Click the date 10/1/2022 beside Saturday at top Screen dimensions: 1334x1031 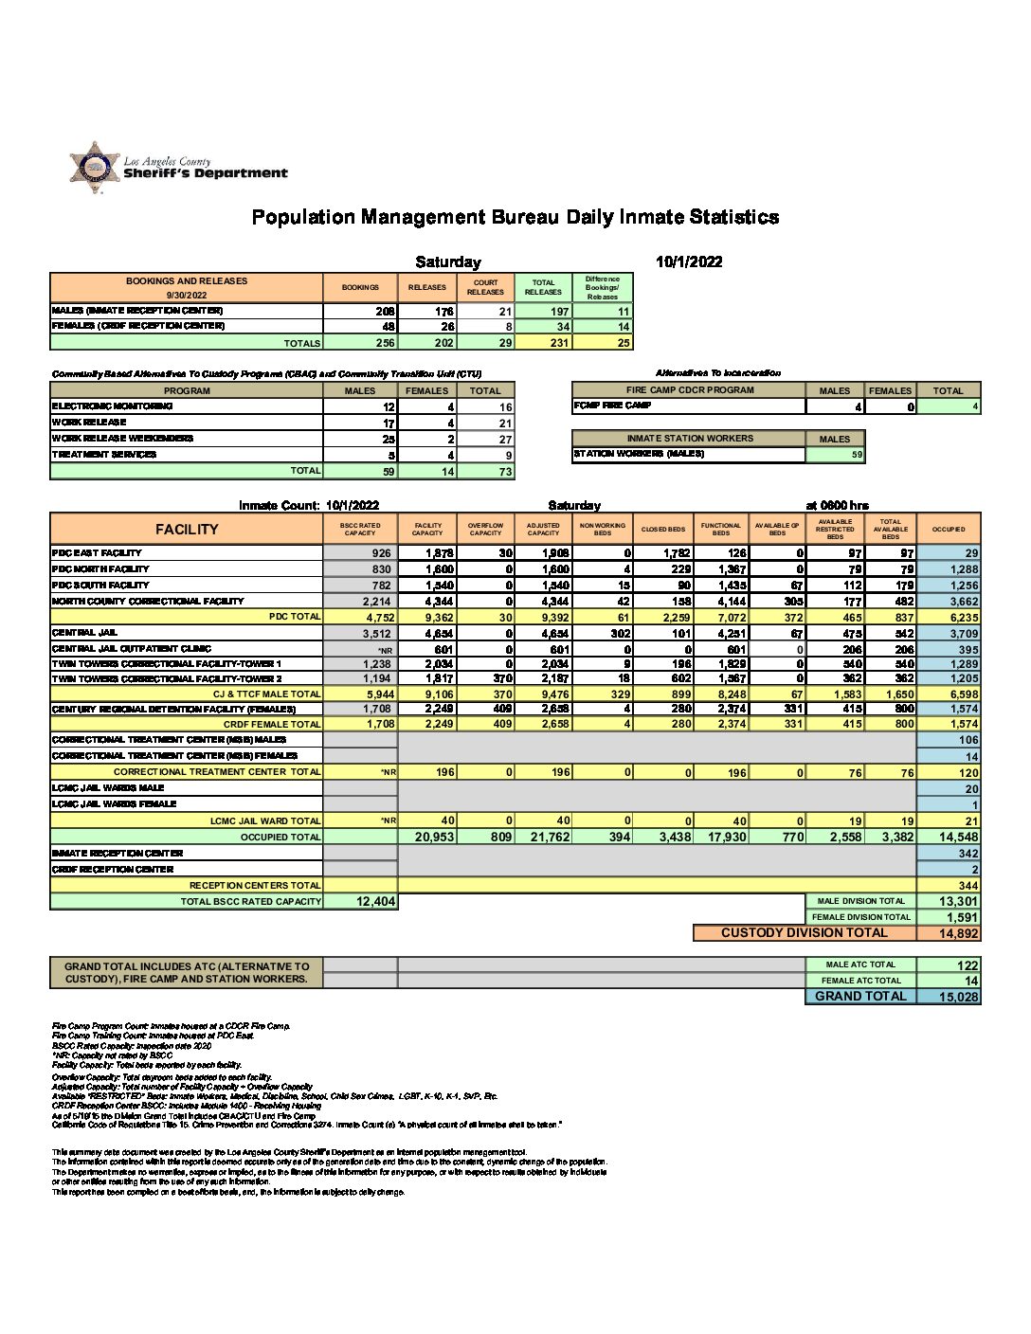click(688, 261)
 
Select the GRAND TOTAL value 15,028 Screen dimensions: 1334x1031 click(949, 997)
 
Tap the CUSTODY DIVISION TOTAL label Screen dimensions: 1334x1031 click(804, 933)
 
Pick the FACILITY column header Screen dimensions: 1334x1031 click(187, 530)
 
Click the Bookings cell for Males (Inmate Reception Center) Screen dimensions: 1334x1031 click(361, 311)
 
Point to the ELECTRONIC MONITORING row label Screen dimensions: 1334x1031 click(113, 406)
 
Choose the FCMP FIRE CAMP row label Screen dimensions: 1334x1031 click(612, 406)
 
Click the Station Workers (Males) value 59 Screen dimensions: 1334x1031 click(835, 455)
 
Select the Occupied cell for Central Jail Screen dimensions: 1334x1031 click(950, 633)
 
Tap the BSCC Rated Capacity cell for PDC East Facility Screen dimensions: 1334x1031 click(361, 553)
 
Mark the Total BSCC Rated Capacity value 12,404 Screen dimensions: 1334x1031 click(361, 902)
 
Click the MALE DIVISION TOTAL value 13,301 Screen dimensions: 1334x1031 click(950, 902)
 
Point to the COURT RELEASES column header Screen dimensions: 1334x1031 click(486, 287)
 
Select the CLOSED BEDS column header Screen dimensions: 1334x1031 click(663, 530)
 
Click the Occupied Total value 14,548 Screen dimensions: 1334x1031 click(950, 838)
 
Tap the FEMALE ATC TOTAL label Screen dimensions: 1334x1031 click(860, 981)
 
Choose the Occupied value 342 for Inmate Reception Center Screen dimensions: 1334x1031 click(950, 854)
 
